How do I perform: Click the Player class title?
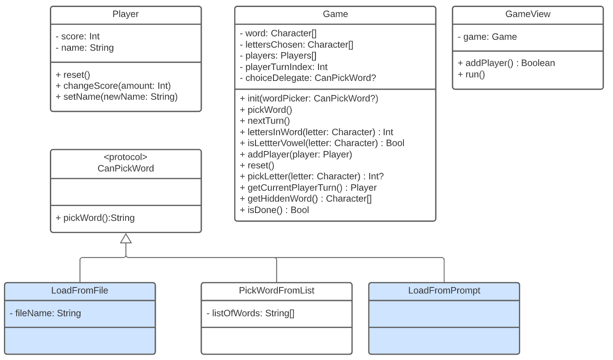click(x=126, y=14)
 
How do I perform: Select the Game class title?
click(x=335, y=14)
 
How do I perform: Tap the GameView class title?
click(x=528, y=14)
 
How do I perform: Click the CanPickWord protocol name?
click(x=126, y=168)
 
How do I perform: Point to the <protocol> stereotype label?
click(x=126, y=157)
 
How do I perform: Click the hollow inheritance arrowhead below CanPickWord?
click(x=126, y=238)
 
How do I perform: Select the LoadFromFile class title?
click(x=80, y=290)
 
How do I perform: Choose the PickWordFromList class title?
click(x=277, y=290)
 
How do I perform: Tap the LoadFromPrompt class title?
click(x=444, y=290)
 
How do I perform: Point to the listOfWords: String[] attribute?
click(x=250, y=313)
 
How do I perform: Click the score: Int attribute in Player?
click(x=77, y=37)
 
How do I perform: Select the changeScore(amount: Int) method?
click(x=113, y=86)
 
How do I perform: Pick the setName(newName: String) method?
click(x=116, y=97)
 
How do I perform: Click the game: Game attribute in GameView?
click(x=487, y=37)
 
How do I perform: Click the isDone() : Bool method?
click(x=274, y=210)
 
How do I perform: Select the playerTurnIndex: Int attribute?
click(x=284, y=67)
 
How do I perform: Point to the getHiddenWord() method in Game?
click(x=305, y=199)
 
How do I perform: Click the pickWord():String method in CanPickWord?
click(x=95, y=218)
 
